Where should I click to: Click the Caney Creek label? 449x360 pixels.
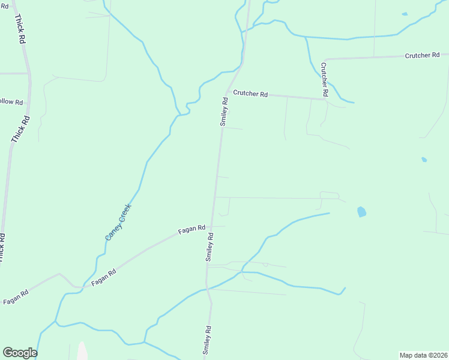click(x=118, y=222)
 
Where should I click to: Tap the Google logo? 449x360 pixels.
click(x=19, y=353)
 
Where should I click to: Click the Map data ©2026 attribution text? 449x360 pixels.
click(x=423, y=355)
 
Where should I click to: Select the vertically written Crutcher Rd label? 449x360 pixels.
click(x=324, y=79)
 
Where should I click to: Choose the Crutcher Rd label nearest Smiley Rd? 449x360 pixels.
click(x=250, y=93)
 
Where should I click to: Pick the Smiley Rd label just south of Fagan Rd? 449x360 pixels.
click(x=211, y=247)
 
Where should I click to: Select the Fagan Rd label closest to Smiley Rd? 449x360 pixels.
click(x=192, y=229)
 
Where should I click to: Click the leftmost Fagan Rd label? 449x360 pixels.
click(x=16, y=296)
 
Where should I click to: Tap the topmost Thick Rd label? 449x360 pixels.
click(x=20, y=28)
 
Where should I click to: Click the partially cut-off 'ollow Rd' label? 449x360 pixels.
click(x=11, y=102)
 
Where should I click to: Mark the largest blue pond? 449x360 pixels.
click(x=361, y=211)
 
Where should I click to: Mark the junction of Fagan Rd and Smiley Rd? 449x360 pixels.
click(x=212, y=227)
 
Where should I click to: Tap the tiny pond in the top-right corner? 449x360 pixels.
click(x=405, y=14)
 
